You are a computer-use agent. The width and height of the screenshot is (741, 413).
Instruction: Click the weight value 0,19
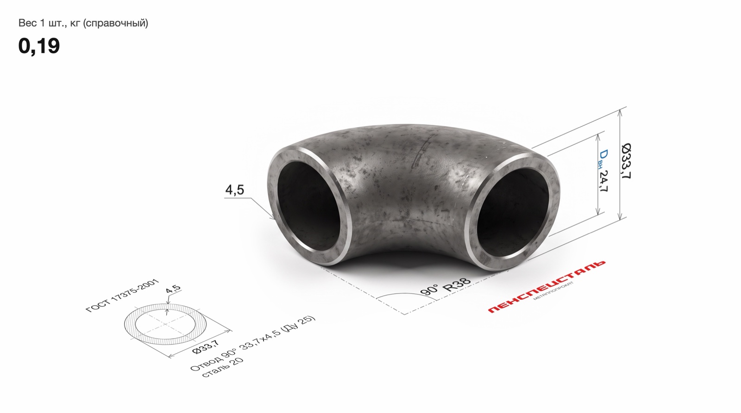coord(39,46)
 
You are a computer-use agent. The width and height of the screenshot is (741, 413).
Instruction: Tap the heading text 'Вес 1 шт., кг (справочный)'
coord(83,23)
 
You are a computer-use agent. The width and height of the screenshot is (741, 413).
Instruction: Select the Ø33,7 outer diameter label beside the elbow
coord(626,161)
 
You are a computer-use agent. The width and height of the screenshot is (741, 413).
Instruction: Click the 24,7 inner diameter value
coord(603,181)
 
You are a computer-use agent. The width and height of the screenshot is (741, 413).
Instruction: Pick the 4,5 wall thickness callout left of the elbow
coord(234,190)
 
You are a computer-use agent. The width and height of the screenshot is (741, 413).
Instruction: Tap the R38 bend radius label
coord(457,284)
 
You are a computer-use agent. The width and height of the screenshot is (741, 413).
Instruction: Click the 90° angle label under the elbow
coord(429,290)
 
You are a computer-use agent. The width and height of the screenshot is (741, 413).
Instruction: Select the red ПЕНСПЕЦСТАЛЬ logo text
coord(546,286)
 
